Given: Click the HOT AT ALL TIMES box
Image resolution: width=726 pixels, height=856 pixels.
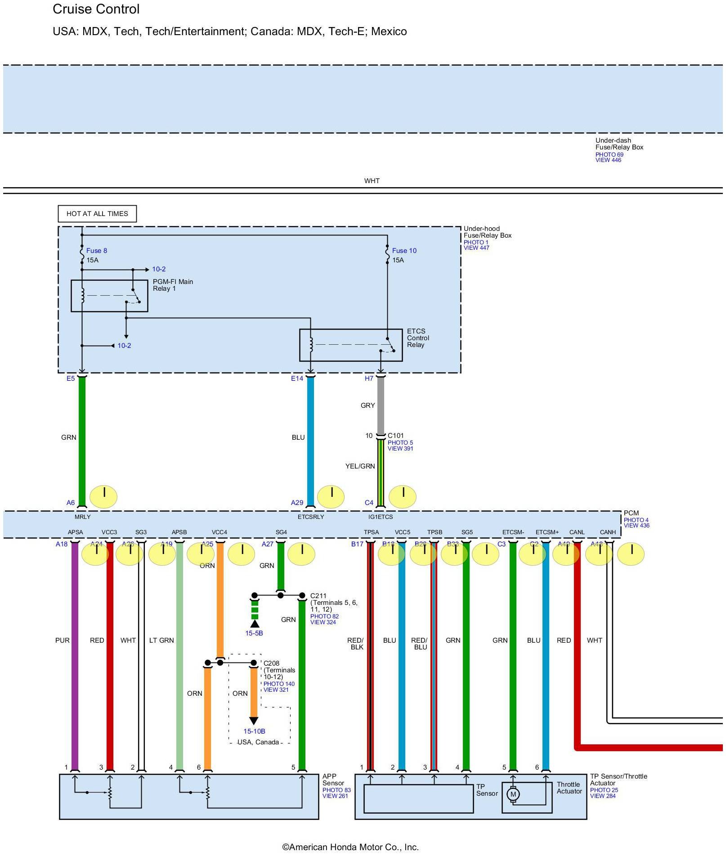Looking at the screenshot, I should pos(97,214).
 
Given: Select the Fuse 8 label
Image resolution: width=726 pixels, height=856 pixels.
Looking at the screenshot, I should pos(96,251).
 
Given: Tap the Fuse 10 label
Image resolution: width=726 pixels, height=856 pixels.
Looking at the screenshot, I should pos(404,251).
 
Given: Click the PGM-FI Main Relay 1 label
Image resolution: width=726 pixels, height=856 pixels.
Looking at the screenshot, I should pos(173,285).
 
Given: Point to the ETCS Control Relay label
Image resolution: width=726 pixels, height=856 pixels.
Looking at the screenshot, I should pos(418,338).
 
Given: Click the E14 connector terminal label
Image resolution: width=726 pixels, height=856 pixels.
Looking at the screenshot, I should pos(297,378).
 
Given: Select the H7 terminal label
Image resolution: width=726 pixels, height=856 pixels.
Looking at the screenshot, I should pos(369,378).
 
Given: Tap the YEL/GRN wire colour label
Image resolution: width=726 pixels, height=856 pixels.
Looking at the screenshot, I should pos(360,466).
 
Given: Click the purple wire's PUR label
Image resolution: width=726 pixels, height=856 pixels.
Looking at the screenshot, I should pos(63,640).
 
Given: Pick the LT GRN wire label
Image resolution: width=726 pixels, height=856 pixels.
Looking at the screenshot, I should pos(161,640).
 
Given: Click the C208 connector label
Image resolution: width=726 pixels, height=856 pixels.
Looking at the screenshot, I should pos(271,663).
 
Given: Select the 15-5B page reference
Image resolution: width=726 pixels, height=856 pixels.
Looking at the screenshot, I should pos(254,633).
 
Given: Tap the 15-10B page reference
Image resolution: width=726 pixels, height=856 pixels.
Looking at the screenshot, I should pos(254,731).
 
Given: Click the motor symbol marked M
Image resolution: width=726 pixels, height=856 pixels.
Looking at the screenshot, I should pos(513,794).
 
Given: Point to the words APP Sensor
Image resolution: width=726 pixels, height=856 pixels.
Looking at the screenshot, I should pos(332,779).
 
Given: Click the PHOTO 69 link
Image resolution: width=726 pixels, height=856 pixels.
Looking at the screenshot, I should pos(609,154).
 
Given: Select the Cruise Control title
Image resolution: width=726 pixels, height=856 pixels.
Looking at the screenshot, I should pos(96,9).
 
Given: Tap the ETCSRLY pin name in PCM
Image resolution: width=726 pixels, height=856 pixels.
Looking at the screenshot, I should pos(311,517).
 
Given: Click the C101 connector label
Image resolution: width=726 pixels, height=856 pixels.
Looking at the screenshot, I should pos(396,436).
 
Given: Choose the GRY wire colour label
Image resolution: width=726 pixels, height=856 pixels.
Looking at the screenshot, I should pos(367,405).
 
